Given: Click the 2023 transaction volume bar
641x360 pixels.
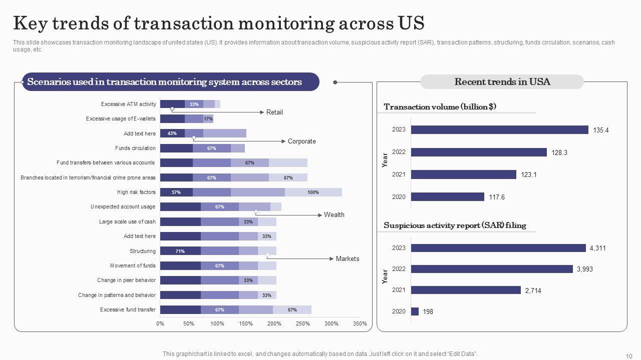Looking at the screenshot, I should tap(499, 130).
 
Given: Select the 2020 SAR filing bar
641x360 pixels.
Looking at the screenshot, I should tap(415, 311).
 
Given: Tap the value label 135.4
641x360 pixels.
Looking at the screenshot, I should tap(601, 130).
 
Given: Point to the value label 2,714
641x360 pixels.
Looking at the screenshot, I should tap(533, 290).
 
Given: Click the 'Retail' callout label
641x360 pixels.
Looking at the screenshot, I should tap(274, 112).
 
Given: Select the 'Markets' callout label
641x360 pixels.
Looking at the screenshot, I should tap(347, 259).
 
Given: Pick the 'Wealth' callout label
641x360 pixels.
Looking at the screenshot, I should tap(334, 215).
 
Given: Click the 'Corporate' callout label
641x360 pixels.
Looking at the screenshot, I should tap(301, 141).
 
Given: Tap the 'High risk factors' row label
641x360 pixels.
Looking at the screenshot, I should tap(136, 192).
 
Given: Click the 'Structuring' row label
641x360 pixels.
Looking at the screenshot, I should tap(143, 251).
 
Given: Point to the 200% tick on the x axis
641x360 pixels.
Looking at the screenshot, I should tap(274, 324).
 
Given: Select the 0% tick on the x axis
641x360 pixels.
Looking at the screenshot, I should tap(160, 324).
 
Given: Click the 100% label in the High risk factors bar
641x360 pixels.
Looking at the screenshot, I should tap(313, 192).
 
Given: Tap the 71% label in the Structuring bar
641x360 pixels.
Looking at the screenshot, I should tap(180, 251).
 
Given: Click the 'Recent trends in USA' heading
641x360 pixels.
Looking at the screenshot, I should tap(502, 82).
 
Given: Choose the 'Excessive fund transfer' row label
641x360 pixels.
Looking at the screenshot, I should tap(128, 310).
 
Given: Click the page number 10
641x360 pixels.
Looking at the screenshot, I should tap(629, 356).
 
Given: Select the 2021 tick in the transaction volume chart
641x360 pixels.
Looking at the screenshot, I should tap(399, 174).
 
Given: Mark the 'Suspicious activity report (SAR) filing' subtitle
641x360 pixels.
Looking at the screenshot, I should tap(455, 225).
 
